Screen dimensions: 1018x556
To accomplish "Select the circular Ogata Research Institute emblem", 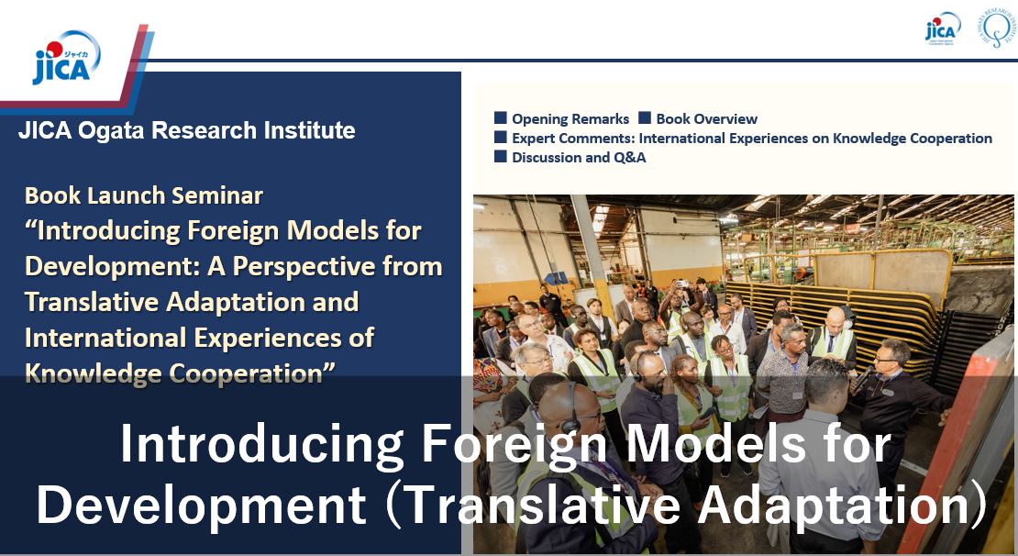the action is point(997,28).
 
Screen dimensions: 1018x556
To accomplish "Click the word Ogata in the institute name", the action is point(111,130).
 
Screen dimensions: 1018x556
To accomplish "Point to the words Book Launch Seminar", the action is point(143,195).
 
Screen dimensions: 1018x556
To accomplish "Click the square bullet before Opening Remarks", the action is point(500,117).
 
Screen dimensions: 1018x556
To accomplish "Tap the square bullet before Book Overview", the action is point(644,117).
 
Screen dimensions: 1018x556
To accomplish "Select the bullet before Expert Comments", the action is point(500,137).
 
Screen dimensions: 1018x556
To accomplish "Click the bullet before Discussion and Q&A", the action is point(500,156).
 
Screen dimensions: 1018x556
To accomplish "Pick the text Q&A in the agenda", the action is point(630,157).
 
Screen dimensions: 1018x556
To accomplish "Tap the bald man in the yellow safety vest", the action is point(833,339).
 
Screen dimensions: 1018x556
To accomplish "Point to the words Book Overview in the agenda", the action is point(706,119).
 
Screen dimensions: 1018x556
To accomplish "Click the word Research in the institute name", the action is point(205,130).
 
